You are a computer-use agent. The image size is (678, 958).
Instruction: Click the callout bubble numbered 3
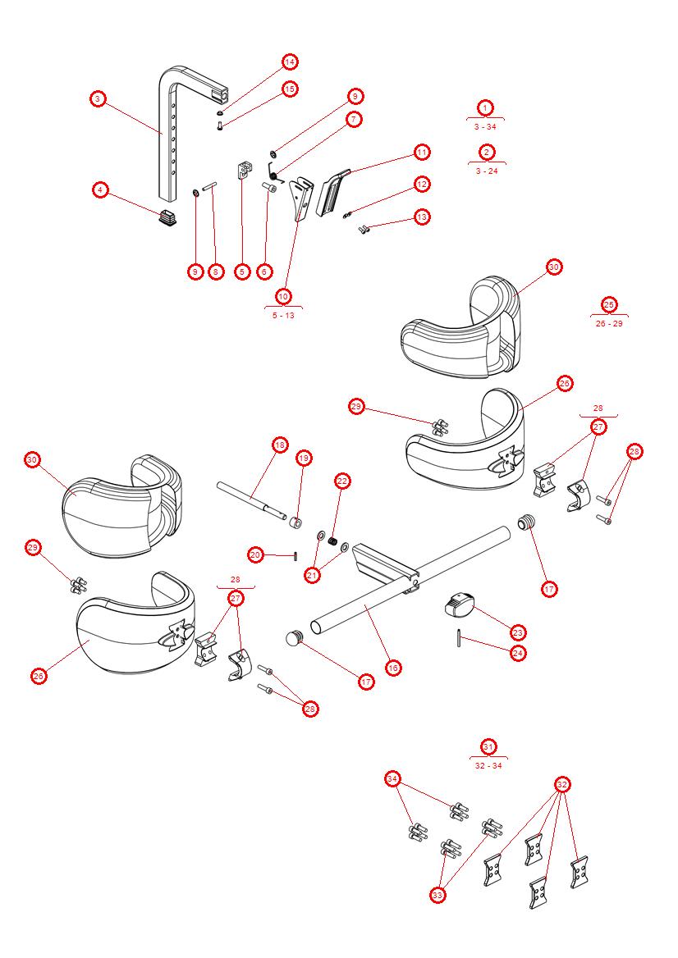pos(97,98)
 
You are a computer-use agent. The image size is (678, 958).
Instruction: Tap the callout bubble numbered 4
pos(99,189)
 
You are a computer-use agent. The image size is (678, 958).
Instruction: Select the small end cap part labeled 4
pos(168,217)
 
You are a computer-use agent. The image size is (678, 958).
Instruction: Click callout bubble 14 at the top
pos(289,62)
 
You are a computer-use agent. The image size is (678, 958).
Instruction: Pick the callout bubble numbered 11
pos(421,152)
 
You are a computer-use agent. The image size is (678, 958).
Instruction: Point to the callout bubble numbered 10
pos(283,295)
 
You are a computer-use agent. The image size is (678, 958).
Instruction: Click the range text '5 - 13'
pos(283,315)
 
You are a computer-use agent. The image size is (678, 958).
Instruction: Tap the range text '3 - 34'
pos(485,127)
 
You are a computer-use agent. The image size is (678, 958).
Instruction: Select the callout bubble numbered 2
pos(486,152)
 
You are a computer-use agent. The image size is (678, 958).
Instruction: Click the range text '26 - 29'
pos(609,323)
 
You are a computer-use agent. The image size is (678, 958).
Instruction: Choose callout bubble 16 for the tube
pos(393,668)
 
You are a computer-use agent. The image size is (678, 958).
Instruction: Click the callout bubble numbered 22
pos(342,481)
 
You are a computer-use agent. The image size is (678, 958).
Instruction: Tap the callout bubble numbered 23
pos(517,632)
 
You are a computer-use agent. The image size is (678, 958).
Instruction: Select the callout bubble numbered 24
pos(517,653)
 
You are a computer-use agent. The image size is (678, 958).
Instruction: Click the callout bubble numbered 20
pos(255,555)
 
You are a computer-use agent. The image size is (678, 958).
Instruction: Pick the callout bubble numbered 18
pos(280,445)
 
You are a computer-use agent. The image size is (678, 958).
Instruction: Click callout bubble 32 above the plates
pos(561,784)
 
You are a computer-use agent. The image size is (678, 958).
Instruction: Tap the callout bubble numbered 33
pos(437,896)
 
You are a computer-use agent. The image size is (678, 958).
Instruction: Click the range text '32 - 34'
pos(488,766)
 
